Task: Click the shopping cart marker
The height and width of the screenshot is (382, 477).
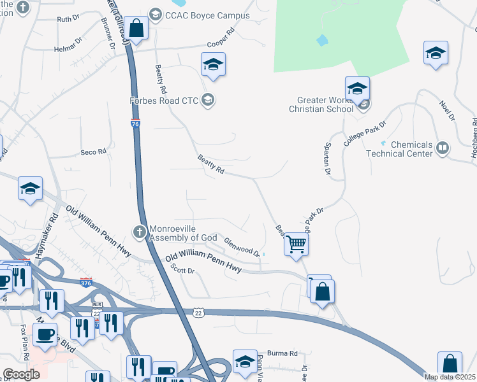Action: [296, 243]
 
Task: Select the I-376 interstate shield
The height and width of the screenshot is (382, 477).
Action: [86, 282]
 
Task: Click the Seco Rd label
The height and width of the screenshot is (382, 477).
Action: [92, 152]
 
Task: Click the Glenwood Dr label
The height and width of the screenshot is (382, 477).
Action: [242, 246]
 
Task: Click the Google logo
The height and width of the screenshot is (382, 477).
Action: [22, 374]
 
